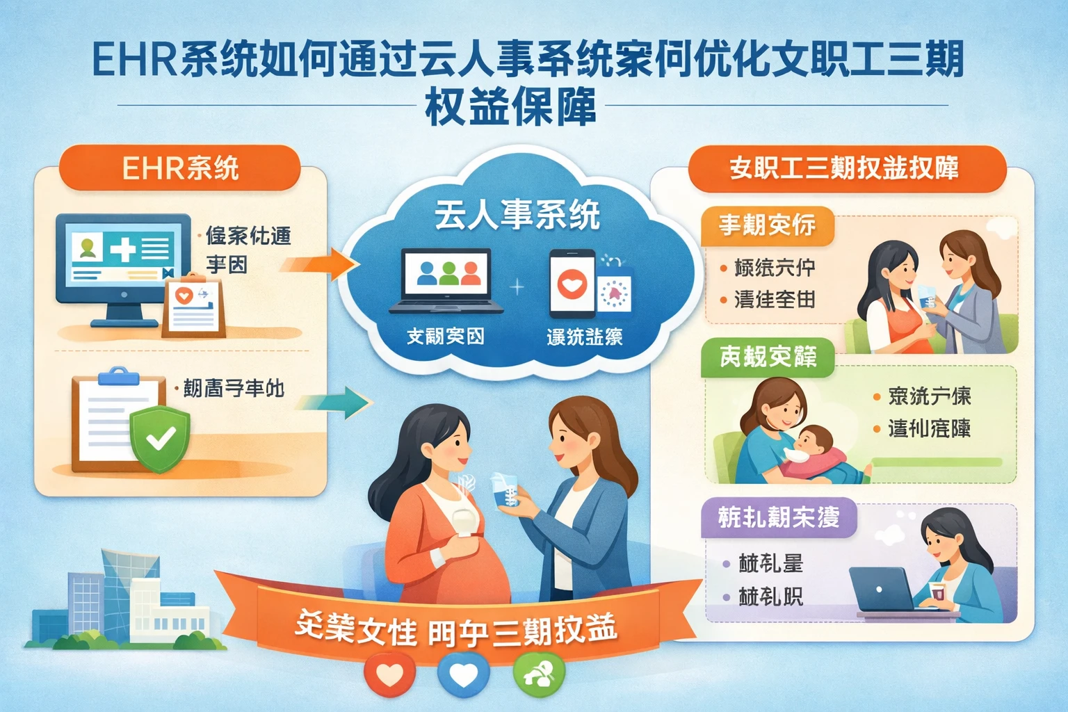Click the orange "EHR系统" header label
[179, 168]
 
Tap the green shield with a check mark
[160, 438]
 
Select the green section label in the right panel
[768, 357]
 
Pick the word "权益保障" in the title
[511, 108]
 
